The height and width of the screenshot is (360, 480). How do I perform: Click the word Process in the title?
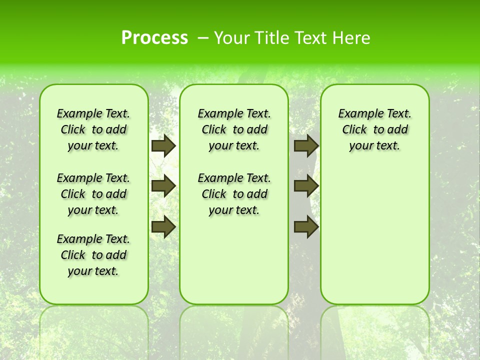[x=154, y=38]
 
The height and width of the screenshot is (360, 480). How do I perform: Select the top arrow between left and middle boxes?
[x=163, y=145]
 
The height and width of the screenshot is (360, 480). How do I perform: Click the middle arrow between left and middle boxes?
[x=163, y=186]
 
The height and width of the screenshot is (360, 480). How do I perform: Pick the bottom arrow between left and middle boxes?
[x=163, y=227]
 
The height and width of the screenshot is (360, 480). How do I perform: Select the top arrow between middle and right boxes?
[x=306, y=145]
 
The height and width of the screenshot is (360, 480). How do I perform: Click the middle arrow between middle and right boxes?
[x=306, y=186]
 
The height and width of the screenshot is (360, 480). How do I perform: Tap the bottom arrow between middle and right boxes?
[x=306, y=227]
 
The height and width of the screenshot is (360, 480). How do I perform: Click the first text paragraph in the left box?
[x=93, y=129]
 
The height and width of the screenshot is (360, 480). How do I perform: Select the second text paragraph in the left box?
[x=93, y=194]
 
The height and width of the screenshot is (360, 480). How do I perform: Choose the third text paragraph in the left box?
[x=93, y=255]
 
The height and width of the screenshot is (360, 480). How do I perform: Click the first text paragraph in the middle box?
[x=234, y=129]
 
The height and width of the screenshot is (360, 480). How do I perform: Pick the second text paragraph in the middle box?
[x=234, y=194]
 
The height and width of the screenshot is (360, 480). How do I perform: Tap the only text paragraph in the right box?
[x=374, y=129]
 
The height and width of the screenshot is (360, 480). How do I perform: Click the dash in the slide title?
[x=203, y=38]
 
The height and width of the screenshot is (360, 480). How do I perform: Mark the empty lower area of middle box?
[x=234, y=260]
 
